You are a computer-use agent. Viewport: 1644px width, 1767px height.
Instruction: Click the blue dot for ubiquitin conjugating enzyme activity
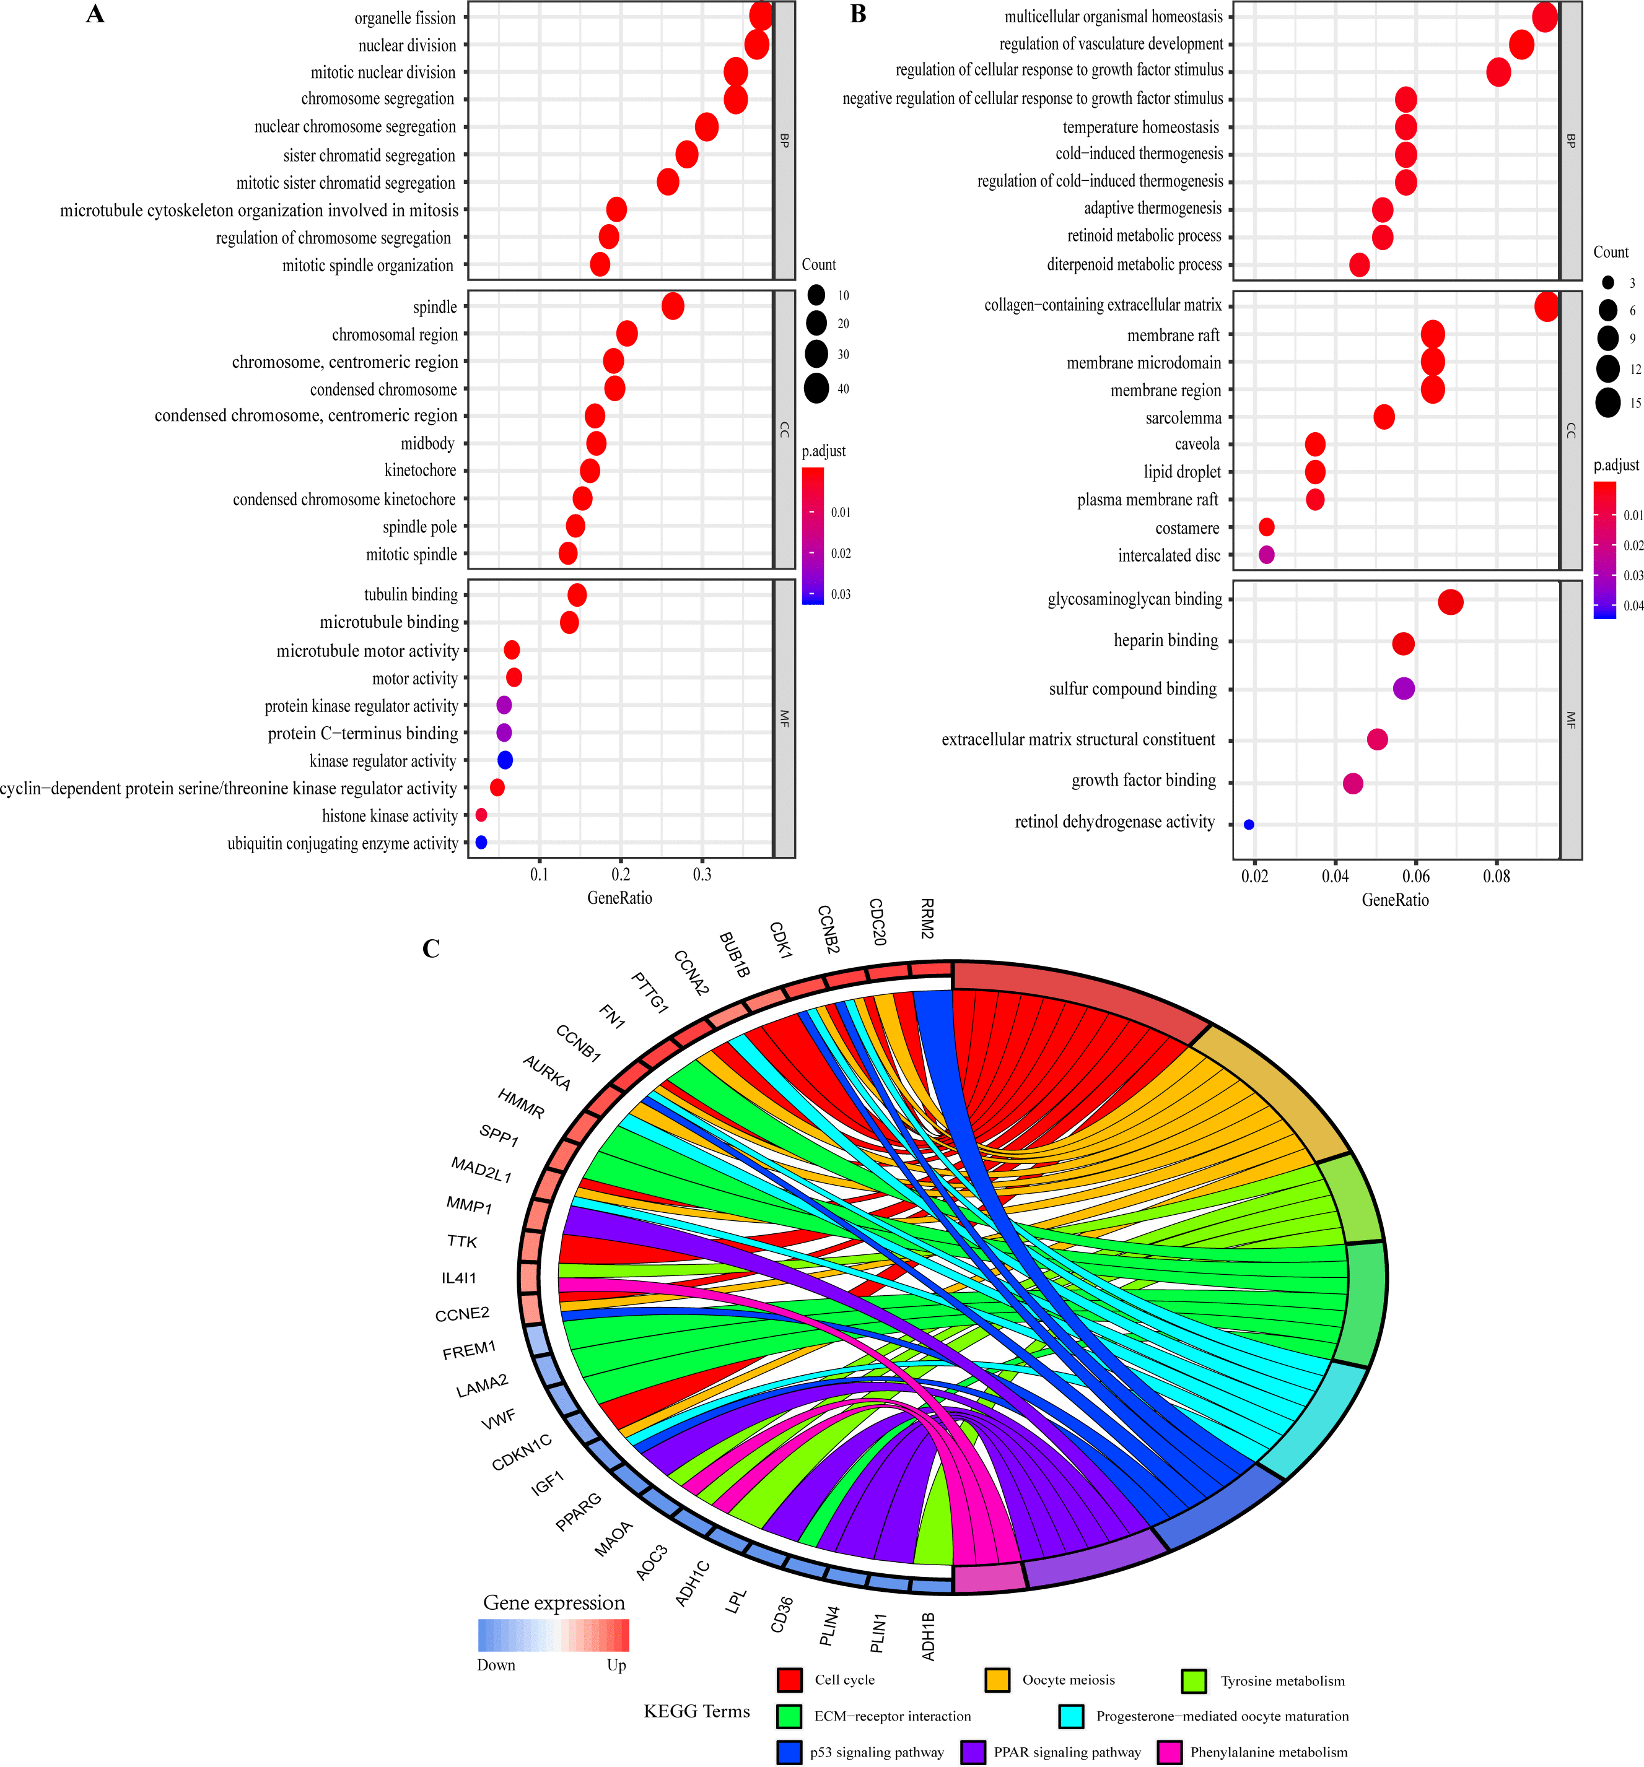[481, 842]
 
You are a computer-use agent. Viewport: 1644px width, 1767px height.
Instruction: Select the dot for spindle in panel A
[673, 306]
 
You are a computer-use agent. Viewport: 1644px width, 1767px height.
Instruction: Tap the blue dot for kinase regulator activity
[505, 760]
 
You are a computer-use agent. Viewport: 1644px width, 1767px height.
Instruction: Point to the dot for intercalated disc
[1266, 555]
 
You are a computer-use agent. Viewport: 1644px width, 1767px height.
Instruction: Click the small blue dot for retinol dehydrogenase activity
[1248, 825]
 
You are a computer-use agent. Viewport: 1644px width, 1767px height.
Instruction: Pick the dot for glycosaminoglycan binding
[1450, 602]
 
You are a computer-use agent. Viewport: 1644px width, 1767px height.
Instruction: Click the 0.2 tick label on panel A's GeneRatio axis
[621, 875]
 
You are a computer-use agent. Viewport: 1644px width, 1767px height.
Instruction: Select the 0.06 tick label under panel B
[1415, 877]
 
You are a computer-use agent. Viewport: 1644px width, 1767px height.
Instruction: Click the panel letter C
[431, 949]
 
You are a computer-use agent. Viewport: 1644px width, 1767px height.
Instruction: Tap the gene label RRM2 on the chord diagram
[927, 918]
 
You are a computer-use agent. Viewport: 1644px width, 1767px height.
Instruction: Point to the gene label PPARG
[579, 1512]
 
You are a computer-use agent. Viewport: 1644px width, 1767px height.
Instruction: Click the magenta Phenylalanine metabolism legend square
[1170, 1752]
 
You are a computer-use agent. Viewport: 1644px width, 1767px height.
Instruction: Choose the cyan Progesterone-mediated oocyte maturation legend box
[1070, 1716]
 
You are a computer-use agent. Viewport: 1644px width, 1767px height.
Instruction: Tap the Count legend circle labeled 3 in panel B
[1607, 283]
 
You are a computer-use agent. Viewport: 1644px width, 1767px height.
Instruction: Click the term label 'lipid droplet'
[1182, 472]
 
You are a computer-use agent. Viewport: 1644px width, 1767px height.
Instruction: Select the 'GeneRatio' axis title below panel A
[619, 898]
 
